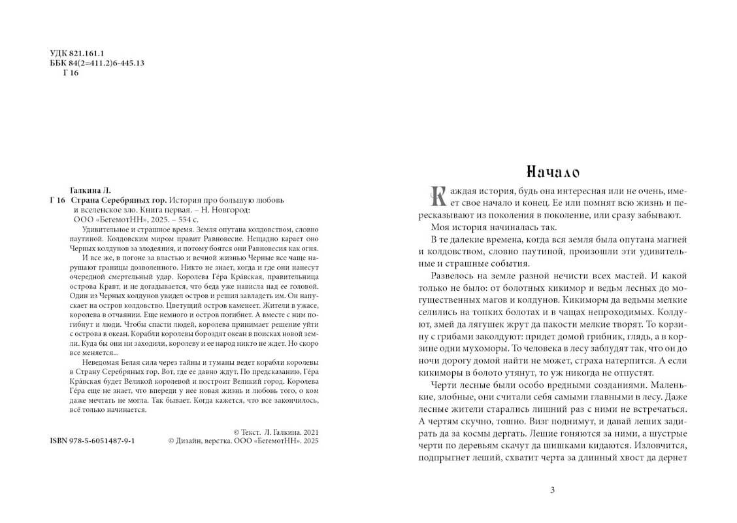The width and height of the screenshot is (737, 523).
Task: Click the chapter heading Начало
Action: coord(552,172)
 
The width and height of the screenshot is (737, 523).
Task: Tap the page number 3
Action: coord(552,490)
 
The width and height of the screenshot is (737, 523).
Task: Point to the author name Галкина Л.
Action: coord(90,190)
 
